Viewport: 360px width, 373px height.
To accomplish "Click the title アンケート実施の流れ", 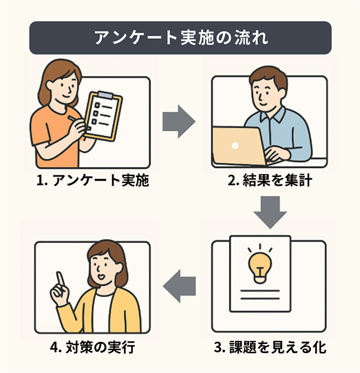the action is pyautogui.click(x=181, y=38).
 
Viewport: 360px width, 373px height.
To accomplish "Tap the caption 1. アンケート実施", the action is pyautogui.click(x=92, y=180).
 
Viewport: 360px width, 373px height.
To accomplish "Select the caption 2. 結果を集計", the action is pyautogui.click(x=270, y=180).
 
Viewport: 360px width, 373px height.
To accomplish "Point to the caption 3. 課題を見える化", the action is pyautogui.click(x=270, y=347).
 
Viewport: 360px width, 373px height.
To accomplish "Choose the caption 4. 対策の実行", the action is pyautogui.click(x=92, y=347).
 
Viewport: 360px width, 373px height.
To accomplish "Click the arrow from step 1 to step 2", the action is pyautogui.click(x=179, y=122).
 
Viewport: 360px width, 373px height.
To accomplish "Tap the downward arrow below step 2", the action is pyautogui.click(x=270, y=212).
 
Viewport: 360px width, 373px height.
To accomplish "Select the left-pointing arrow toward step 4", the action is pyautogui.click(x=179, y=286).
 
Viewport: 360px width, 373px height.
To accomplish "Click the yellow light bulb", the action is pyautogui.click(x=260, y=267).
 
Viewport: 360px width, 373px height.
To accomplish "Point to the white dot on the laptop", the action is pyautogui.click(x=235, y=146).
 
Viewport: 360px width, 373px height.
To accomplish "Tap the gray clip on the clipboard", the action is pyautogui.click(x=105, y=94).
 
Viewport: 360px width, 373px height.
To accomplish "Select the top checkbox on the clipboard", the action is pyautogui.click(x=97, y=105).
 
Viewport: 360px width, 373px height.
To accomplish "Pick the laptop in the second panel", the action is pyautogui.click(x=240, y=147).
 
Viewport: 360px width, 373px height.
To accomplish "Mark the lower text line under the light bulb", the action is pyautogui.click(x=260, y=298).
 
